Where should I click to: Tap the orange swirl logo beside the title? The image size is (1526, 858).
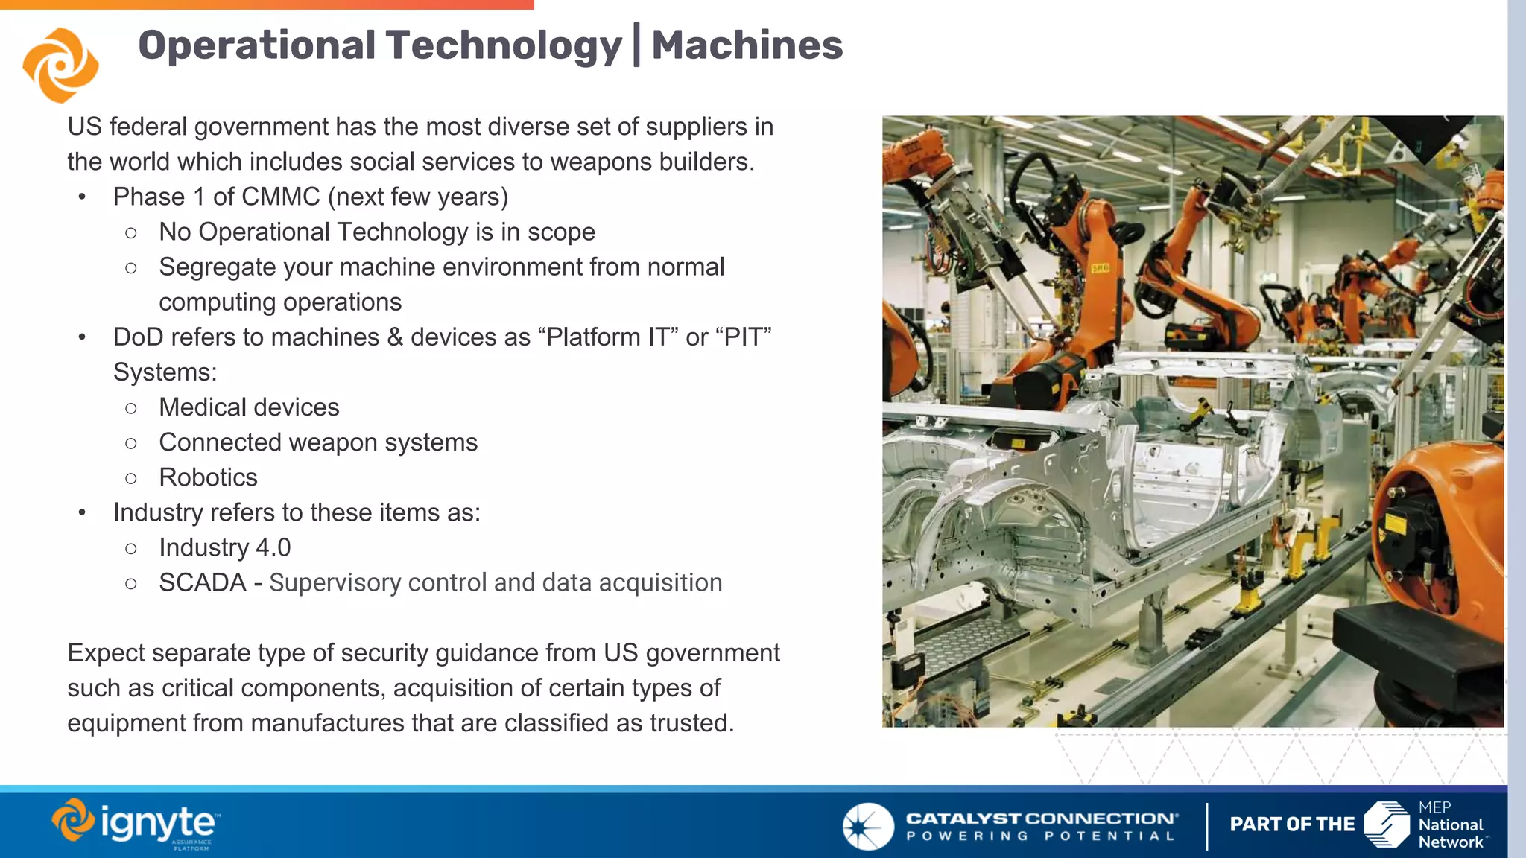[x=60, y=65]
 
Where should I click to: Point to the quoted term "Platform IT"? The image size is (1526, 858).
[x=607, y=337]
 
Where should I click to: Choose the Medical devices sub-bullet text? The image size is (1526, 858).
[x=249, y=407]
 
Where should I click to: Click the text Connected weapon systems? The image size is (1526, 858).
[x=318, y=442]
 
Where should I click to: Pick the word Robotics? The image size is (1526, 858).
[x=208, y=477]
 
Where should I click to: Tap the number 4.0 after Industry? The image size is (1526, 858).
[x=273, y=547]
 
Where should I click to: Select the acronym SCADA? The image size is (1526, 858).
[x=202, y=582]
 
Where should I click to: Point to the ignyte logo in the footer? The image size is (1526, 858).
[x=136, y=824]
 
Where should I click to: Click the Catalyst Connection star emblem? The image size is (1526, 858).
[x=868, y=826]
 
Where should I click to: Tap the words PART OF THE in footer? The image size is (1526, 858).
[x=1292, y=824]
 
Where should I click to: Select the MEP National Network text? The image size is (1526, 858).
[x=1450, y=825]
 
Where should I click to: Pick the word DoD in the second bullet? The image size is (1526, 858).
[x=138, y=337]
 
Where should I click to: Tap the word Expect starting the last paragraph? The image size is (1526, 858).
[x=106, y=652]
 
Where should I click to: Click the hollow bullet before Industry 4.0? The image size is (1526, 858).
[x=131, y=548]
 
